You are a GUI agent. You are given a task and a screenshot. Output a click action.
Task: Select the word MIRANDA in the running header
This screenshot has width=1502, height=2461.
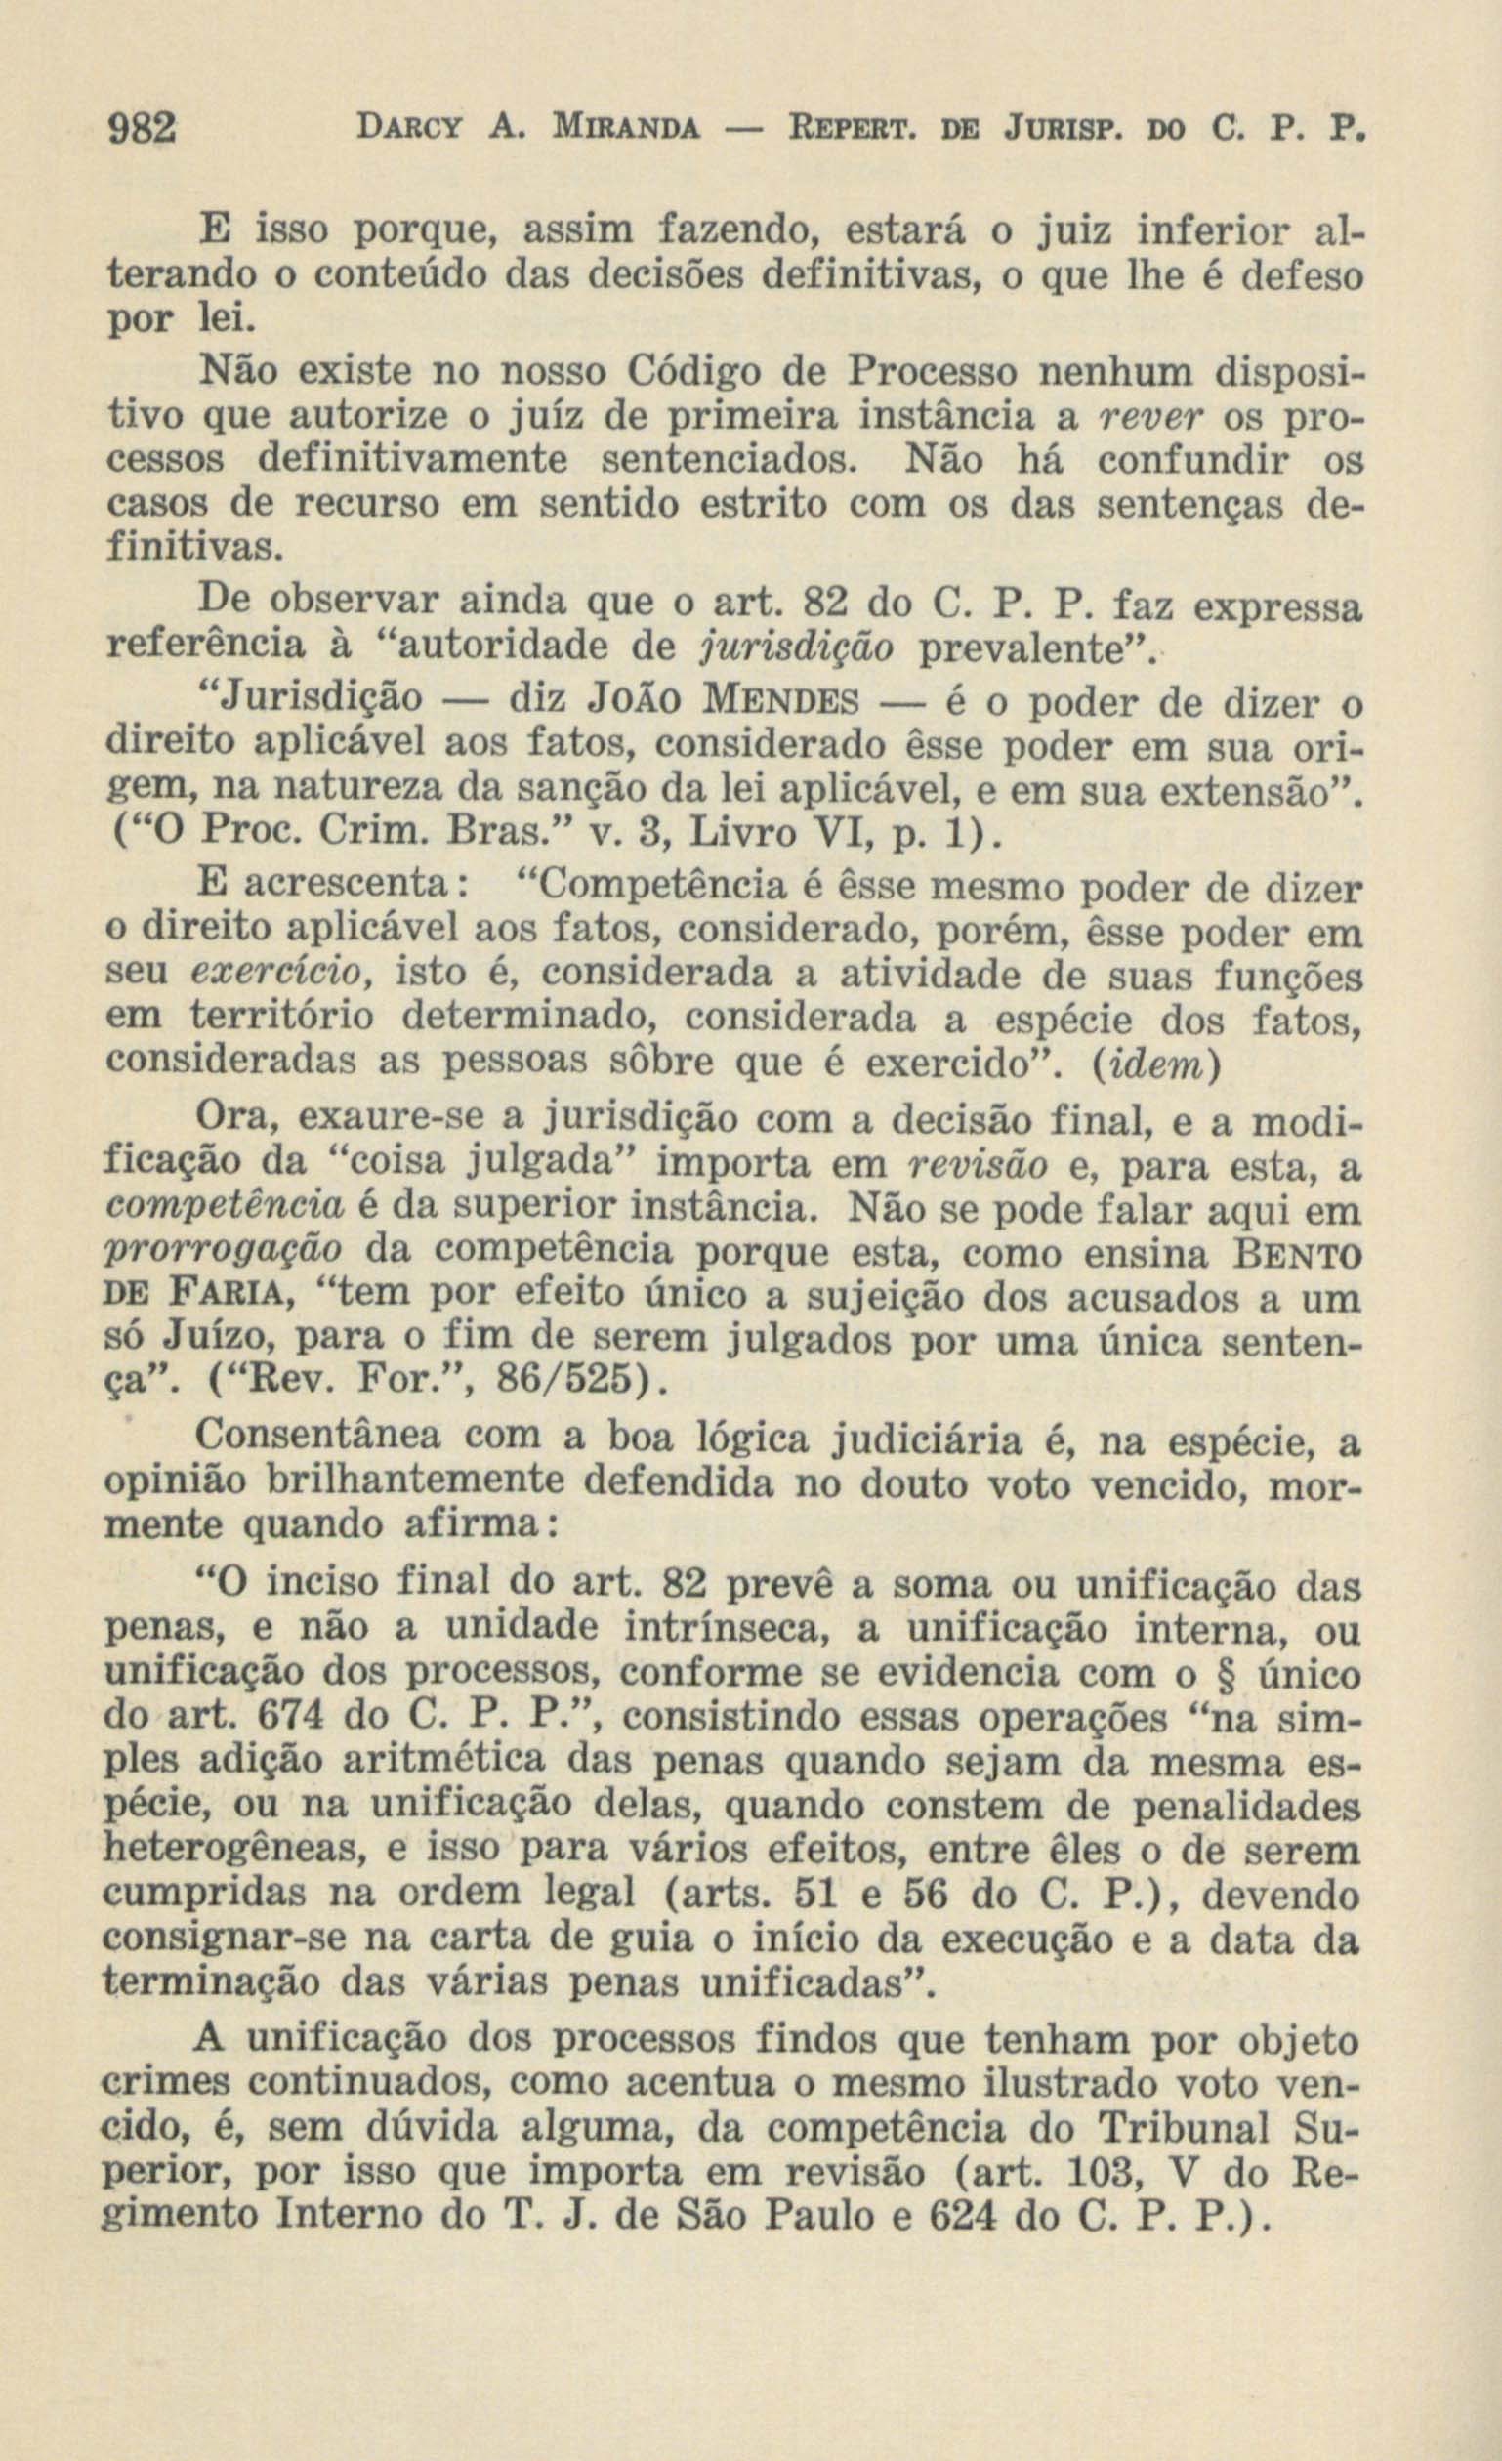[x=613, y=129]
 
